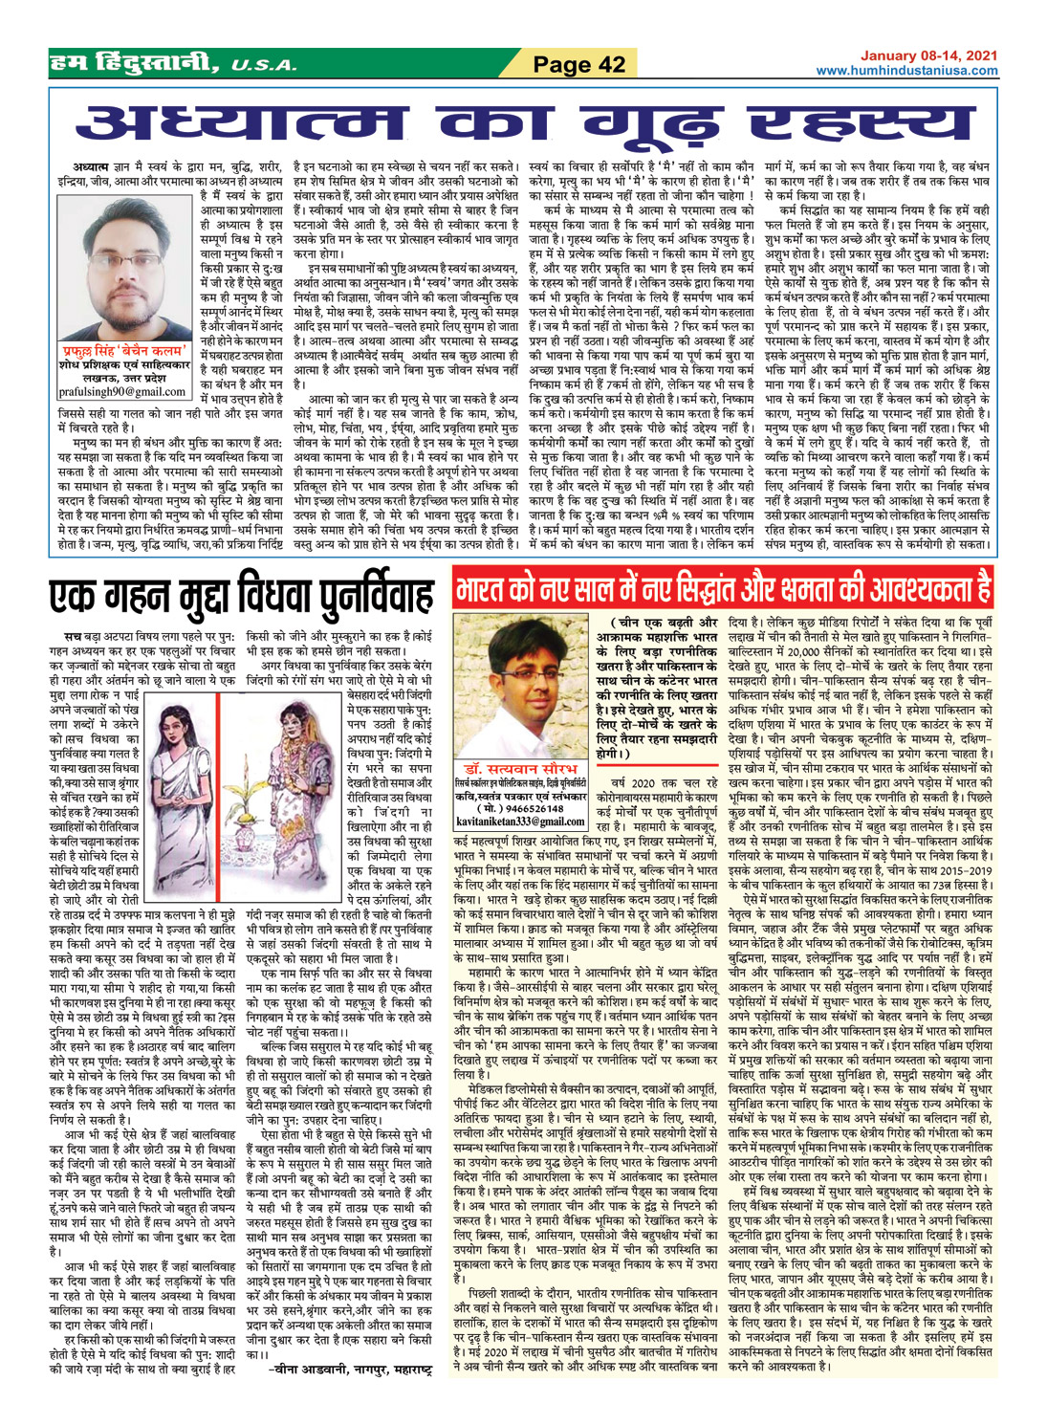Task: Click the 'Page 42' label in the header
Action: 578,64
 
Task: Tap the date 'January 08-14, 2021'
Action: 919,57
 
